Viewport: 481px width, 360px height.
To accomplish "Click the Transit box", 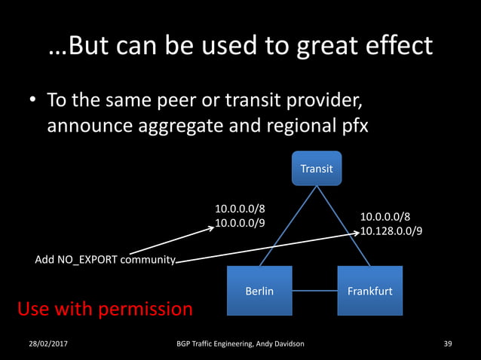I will point(317,168).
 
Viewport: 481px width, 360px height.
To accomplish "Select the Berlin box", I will point(259,291).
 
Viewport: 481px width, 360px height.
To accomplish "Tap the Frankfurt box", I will point(369,291).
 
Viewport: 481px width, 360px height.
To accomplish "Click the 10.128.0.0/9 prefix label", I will point(391,230).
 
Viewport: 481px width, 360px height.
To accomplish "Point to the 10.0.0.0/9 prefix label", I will point(240,222).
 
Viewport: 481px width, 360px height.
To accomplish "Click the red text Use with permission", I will point(105,309).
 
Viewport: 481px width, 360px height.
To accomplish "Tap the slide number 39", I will point(448,344).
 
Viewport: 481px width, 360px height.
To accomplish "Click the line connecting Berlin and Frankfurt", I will point(314,291).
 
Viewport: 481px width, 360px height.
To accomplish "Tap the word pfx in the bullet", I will point(352,125).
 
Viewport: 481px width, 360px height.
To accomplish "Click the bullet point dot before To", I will point(34,101).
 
